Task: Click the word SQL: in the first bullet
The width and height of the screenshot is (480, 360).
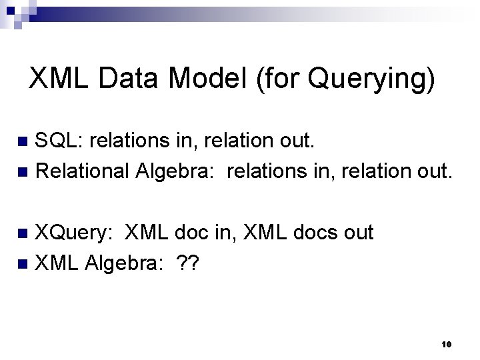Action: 59,141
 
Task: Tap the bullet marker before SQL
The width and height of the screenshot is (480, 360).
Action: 22,141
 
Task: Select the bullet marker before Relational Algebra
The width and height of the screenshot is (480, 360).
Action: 22,173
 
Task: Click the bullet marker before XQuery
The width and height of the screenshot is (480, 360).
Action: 22,233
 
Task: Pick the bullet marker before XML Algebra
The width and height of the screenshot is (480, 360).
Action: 22,265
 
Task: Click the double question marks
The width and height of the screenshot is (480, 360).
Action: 189,264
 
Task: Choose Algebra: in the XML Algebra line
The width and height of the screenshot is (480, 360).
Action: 127,265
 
